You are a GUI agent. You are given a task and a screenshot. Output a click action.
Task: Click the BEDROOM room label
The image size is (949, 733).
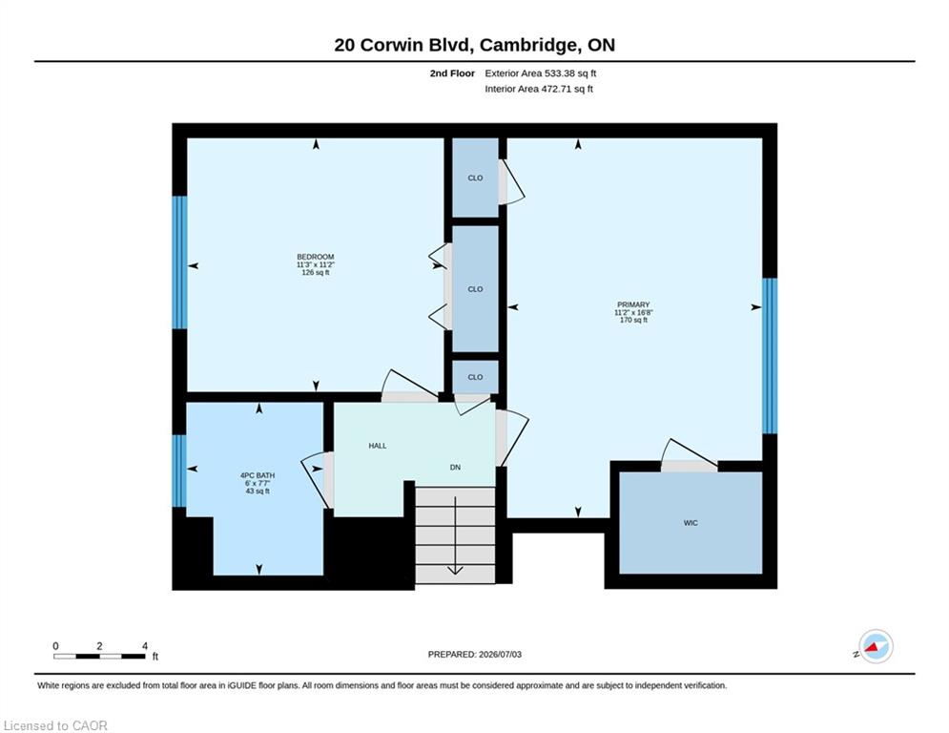click(x=316, y=257)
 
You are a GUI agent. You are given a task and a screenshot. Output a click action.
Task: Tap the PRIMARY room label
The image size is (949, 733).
click(x=633, y=304)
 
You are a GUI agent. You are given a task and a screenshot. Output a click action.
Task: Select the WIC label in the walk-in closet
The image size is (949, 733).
click(x=691, y=523)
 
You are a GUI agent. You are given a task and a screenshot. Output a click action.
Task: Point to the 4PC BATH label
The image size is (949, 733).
click(x=258, y=475)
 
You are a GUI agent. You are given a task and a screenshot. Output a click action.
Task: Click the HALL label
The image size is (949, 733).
click(x=378, y=446)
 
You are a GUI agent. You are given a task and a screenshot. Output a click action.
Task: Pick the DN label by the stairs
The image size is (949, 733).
click(x=455, y=467)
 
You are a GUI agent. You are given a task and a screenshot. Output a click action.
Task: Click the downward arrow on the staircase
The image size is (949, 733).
click(x=455, y=535)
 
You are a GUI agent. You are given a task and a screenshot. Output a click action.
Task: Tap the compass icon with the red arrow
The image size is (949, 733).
click(x=876, y=646)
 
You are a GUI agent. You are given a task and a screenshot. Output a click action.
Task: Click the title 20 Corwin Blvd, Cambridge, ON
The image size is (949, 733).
click(x=475, y=45)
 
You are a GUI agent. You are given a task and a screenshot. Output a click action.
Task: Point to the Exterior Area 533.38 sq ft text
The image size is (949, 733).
click(x=541, y=73)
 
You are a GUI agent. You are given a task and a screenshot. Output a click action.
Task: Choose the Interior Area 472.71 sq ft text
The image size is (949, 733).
click(x=539, y=89)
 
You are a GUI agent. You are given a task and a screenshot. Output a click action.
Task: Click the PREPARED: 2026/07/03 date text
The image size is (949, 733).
click(x=475, y=654)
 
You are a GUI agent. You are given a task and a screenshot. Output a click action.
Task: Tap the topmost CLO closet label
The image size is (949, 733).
click(x=475, y=178)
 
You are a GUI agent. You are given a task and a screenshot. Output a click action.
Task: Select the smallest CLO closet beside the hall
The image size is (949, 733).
click(x=476, y=377)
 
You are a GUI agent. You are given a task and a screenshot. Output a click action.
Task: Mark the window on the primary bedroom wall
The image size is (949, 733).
click(x=770, y=356)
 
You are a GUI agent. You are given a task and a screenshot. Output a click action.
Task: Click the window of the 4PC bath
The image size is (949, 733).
click(x=179, y=471)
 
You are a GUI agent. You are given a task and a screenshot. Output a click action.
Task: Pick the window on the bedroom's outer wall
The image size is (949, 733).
click(x=179, y=262)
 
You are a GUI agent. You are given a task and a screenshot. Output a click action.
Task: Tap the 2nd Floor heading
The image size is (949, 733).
click(x=452, y=73)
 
